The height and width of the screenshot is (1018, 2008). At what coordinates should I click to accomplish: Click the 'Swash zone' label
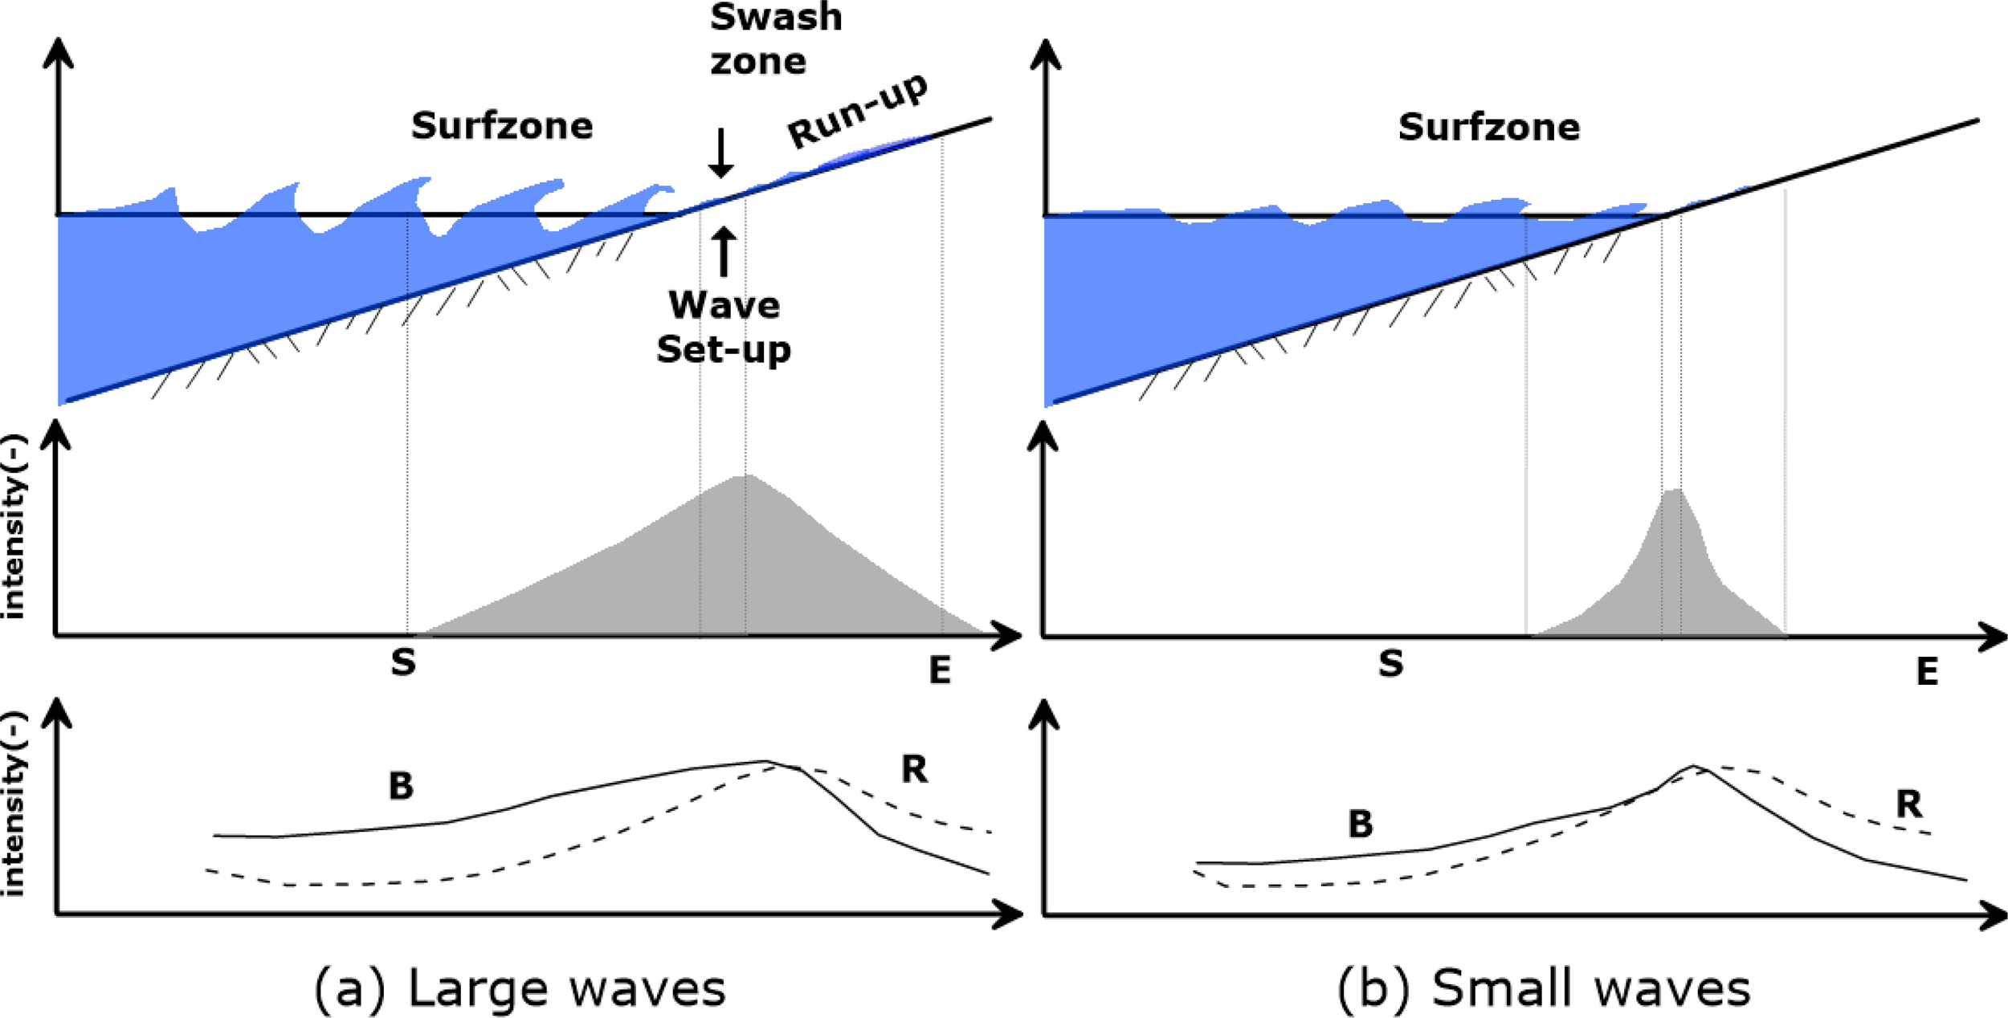pyautogui.click(x=775, y=39)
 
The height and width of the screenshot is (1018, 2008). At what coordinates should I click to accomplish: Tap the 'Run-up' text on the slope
pyautogui.click(x=858, y=110)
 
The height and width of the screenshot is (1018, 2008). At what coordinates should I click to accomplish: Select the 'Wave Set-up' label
pyautogui.click(x=724, y=327)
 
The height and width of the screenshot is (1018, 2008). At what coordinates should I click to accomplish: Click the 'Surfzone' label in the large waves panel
pyautogui.click(x=502, y=126)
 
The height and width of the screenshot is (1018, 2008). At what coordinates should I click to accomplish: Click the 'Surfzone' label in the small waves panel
pyautogui.click(x=1488, y=127)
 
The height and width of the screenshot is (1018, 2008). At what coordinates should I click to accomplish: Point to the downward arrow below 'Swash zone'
pyautogui.click(x=721, y=153)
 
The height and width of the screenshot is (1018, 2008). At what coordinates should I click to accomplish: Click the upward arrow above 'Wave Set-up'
pyautogui.click(x=724, y=251)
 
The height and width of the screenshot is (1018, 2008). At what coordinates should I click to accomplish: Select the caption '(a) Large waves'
pyautogui.click(x=520, y=987)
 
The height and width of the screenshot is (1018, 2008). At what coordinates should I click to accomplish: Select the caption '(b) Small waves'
pyautogui.click(x=1543, y=987)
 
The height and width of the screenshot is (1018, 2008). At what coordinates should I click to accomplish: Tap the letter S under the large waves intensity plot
pyautogui.click(x=403, y=663)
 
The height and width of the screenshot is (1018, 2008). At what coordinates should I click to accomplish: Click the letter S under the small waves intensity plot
pyautogui.click(x=1390, y=663)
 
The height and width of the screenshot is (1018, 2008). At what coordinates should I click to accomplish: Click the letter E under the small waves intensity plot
pyautogui.click(x=1927, y=671)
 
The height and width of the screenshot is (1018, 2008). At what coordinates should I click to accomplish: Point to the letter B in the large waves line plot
pyautogui.click(x=401, y=786)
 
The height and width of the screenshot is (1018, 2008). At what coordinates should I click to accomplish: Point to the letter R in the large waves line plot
pyautogui.click(x=914, y=769)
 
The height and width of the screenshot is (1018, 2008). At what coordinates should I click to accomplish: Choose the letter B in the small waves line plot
pyautogui.click(x=1360, y=824)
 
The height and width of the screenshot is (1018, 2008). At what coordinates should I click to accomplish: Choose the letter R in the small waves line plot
pyautogui.click(x=1909, y=804)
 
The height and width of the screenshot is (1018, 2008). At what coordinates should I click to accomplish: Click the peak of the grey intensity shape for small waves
pyautogui.click(x=1674, y=491)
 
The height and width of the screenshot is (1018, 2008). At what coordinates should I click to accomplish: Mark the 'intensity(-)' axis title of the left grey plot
pyautogui.click(x=14, y=527)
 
